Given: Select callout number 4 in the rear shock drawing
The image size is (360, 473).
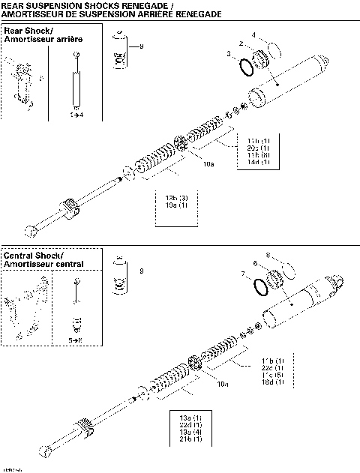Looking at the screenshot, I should click(253, 34).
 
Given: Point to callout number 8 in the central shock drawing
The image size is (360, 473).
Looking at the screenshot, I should click(267, 255).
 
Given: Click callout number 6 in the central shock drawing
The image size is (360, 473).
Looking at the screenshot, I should click(256, 264).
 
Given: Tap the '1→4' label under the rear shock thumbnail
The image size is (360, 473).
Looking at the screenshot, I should click(76, 115).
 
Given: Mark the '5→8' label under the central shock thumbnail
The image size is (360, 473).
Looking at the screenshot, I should click(75, 339).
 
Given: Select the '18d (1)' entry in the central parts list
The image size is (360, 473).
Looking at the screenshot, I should click(273, 383).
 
